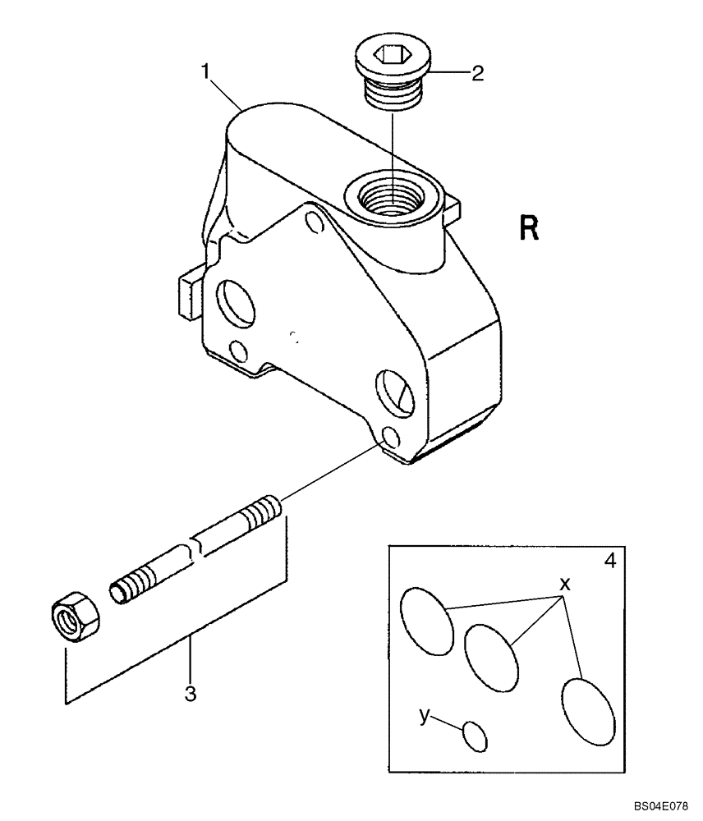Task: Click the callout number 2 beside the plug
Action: tap(477, 73)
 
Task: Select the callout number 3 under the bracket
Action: tap(191, 694)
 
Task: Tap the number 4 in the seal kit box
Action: tap(609, 562)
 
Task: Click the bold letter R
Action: tap(530, 227)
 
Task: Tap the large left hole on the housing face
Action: tap(235, 301)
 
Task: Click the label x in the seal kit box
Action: tap(564, 584)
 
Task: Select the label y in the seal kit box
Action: tap(425, 716)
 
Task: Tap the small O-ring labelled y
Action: tap(475, 735)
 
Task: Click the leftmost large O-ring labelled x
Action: tap(426, 621)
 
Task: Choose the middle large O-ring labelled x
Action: tap(491, 657)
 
